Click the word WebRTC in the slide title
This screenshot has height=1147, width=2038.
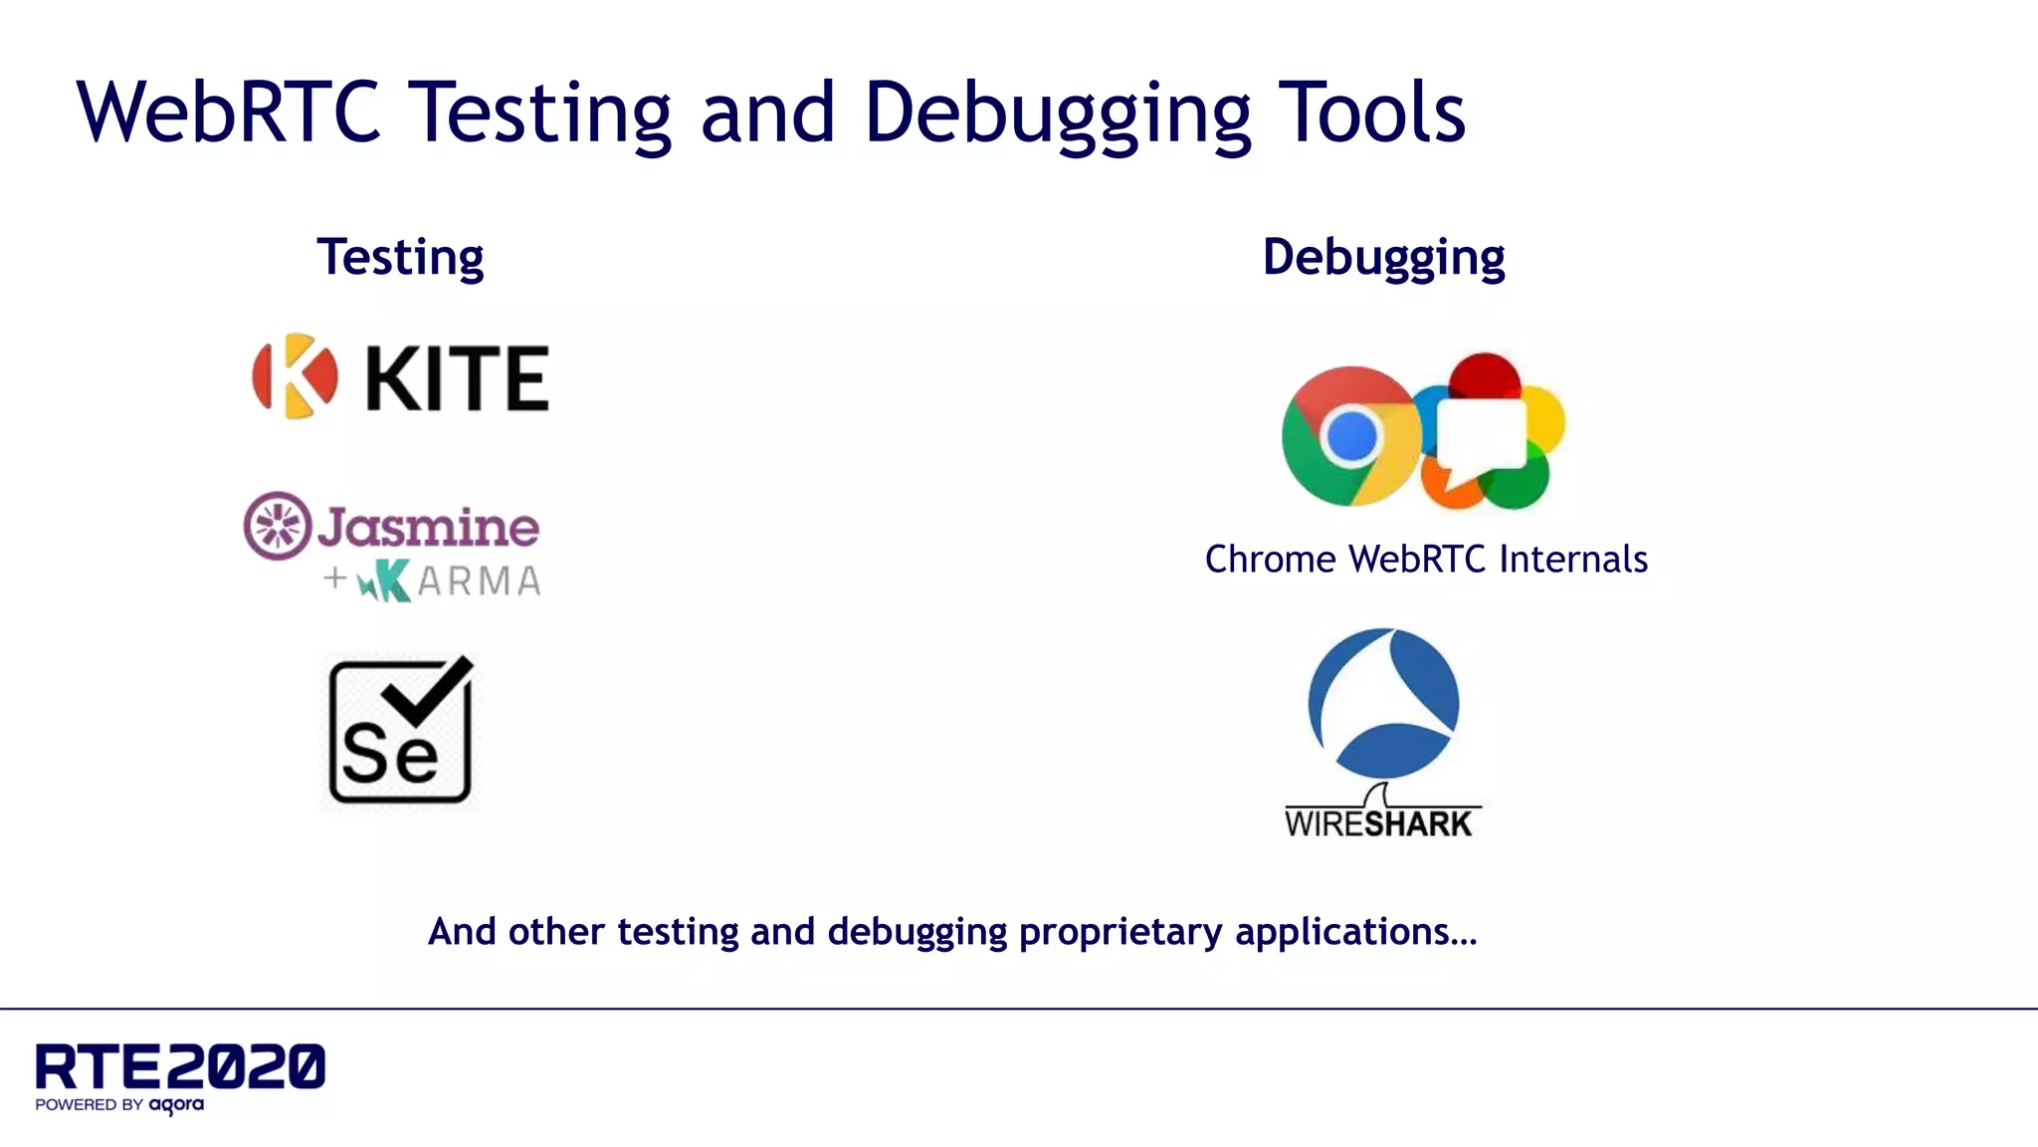point(229,112)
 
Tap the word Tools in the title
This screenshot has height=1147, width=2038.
point(1371,112)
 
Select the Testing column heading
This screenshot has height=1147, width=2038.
point(400,257)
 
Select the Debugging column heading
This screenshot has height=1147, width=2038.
point(1383,257)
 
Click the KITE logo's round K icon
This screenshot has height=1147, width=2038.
point(295,376)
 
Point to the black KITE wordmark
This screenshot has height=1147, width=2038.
point(458,378)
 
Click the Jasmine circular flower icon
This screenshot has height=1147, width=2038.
point(278,525)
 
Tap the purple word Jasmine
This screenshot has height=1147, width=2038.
point(428,527)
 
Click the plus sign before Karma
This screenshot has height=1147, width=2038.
point(335,577)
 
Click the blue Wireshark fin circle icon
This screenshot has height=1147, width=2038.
point(1383,703)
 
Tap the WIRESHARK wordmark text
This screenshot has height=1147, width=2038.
point(1378,823)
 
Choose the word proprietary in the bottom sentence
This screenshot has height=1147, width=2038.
point(1121,932)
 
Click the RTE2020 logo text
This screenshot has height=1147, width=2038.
point(180,1066)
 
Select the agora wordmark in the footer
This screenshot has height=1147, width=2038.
point(176,1104)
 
